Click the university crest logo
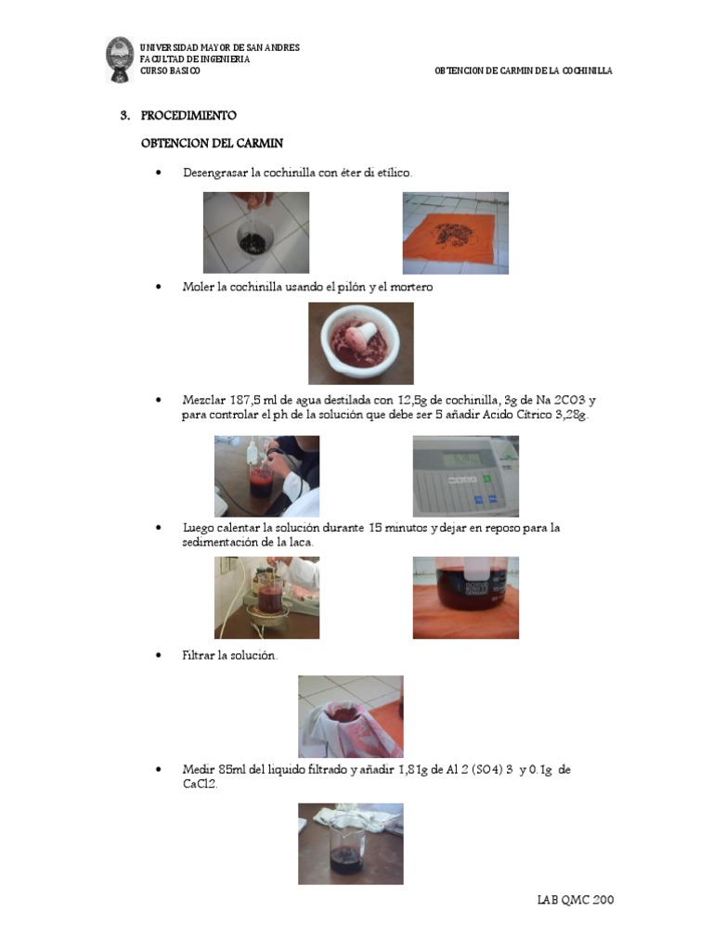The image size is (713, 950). [x=120, y=59]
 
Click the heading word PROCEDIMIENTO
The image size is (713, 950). [x=188, y=115]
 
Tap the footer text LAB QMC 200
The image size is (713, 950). [x=576, y=900]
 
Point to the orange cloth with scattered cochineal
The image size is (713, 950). [x=456, y=238]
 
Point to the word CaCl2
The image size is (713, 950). [x=201, y=783]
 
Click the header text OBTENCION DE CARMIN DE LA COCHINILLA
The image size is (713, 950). [x=524, y=71]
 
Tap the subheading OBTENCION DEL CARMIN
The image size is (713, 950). [x=213, y=144]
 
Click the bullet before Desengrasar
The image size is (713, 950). [x=159, y=173]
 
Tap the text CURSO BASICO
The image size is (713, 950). [x=170, y=71]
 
